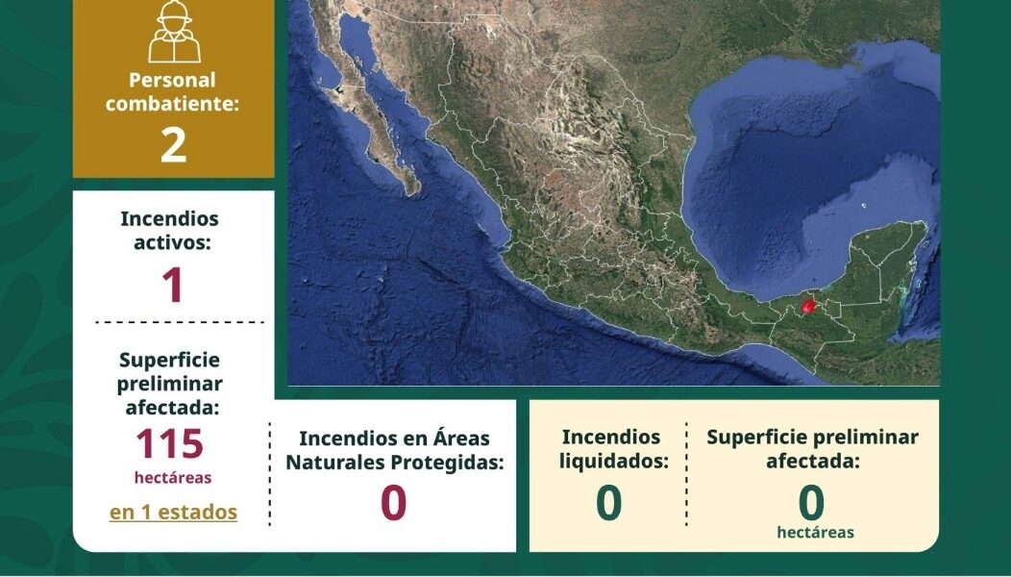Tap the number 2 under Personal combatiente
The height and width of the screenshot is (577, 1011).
pyautogui.click(x=173, y=146)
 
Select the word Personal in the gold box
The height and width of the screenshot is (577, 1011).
pyautogui.click(x=172, y=80)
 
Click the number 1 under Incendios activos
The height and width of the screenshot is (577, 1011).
pyautogui.click(x=173, y=286)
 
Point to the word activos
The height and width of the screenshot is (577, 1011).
pyautogui.click(x=172, y=243)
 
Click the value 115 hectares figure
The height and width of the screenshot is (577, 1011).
pyautogui.click(x=170, y=443)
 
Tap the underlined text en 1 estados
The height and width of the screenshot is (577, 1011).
pyautogui.click(x=173, y=513)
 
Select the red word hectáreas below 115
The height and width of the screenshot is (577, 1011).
pyautogui.click(x=173, y=478)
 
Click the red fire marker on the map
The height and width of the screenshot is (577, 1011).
pyautogui.click(x=808, y=305)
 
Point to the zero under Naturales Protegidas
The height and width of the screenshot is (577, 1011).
pyautogui.click(x=393, y=503)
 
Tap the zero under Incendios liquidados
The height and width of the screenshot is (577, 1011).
pyautogui.click(x=609, y=503)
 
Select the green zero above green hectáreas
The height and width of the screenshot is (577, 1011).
pyautogui.click(x=811, y=503)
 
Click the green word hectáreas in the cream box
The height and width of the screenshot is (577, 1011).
pyautogui.click(x=815, y=533)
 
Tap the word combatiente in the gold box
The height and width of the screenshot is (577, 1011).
pyautogui.click(x=172, y=104)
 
